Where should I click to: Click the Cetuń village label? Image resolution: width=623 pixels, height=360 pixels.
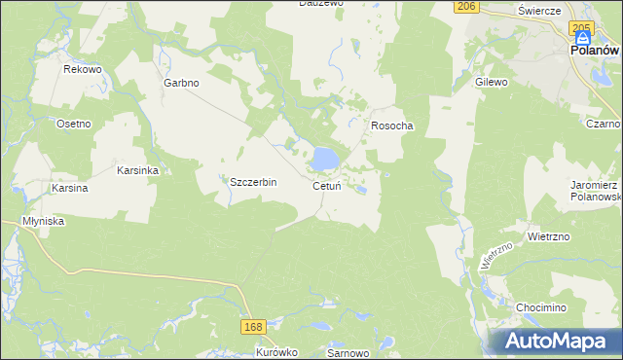[x=326, y=186]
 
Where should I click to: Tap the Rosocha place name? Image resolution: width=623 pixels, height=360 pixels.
[x=392, y=126]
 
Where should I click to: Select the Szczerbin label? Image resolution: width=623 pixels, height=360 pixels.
[x=253, y=182]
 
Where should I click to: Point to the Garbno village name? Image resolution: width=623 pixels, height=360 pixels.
[x=181, y=83]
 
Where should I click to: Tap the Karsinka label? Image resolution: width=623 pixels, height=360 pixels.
[x=137, y=169]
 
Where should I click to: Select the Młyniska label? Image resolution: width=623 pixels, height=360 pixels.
[x=43, y=221]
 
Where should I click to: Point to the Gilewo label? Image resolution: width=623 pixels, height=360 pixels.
[x=492, y=83]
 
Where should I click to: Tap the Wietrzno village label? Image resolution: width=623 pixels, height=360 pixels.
[x=548, y=236]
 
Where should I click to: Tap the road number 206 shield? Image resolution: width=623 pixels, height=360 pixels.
[x=466, y=7]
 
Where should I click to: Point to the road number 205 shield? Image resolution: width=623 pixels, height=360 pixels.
[x=582, y=27]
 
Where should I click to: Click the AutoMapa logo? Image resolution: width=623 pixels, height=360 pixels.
[x=562, y=341]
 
